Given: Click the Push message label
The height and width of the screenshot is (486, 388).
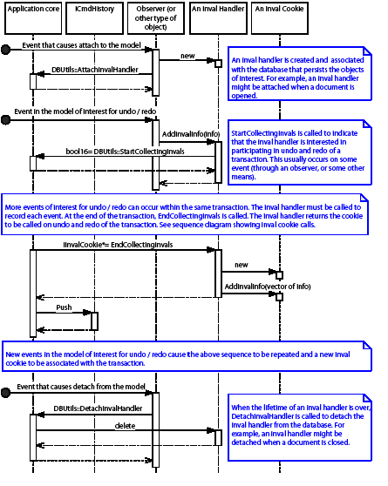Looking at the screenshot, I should tap(64, 307).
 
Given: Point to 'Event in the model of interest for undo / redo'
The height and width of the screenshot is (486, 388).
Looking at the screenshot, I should tap(81, 112).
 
